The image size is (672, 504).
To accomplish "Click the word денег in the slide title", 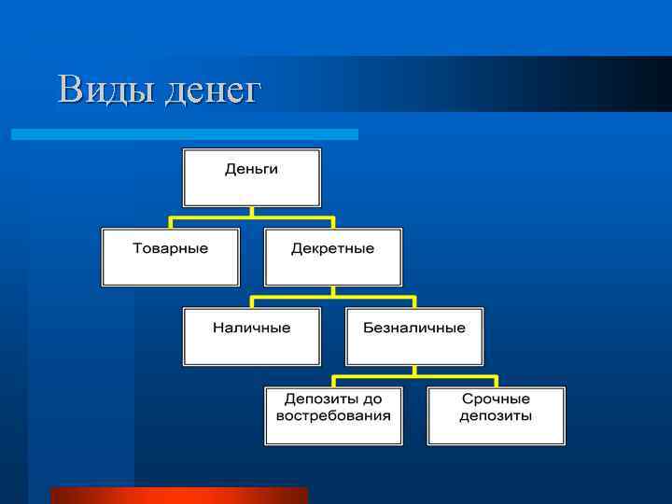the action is tap(212, 91).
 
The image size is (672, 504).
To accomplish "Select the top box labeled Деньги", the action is tap(251, 177).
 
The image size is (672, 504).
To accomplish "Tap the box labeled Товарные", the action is tap(170, 258).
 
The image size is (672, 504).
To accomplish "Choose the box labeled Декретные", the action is tap(332, 258).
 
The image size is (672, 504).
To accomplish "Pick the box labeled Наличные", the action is tap(251, 337).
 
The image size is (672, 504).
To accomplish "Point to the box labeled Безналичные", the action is tap(413, 337).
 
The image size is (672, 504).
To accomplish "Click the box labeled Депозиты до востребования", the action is tap(333, 416).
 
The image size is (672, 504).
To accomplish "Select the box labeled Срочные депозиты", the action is tap(496, 416).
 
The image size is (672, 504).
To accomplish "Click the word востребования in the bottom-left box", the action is tap(333, 415).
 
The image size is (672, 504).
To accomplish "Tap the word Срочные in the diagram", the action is tap(496, 399).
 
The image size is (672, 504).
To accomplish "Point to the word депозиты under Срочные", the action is tap(496, 415).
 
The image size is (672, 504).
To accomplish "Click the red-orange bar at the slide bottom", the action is tap(178, 495).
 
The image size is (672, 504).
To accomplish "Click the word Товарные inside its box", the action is tap(170, 248).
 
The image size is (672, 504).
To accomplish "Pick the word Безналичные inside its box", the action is tap(413, 328).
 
